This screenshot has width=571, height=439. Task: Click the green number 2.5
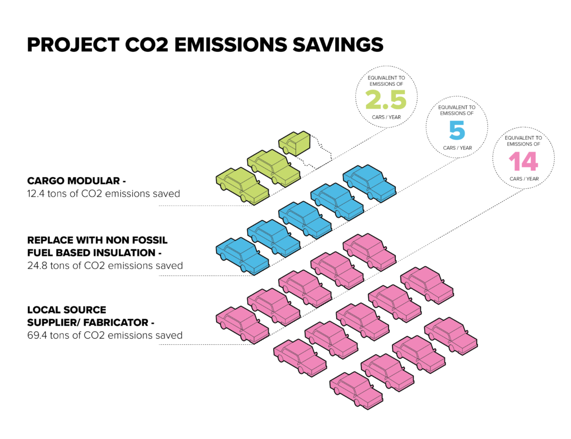click(x=386, y=99)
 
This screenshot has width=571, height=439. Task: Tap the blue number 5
click(x=457, y=130)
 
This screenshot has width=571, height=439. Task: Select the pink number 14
click(x=523, y=161)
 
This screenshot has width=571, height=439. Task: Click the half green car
click(x=294, y=143)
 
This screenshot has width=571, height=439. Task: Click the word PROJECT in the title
click(x=73, y=45)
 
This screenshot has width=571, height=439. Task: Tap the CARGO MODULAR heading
click(x=76, y=181)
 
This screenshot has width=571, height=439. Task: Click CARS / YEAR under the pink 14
click(x=524, y=179)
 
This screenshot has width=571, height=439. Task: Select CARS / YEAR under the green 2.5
click(x=386, y=117)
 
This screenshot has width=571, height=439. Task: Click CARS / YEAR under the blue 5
click(x=457, y=148)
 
